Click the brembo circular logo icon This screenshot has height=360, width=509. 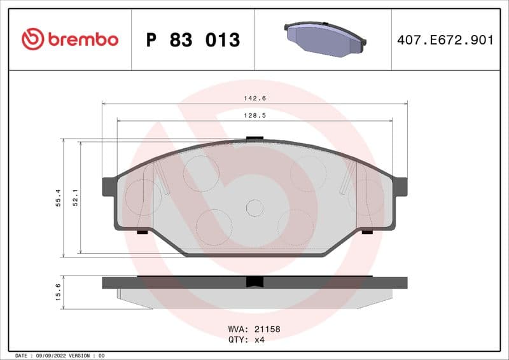click(32, 39)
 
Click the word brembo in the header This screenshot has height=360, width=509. click(83, 39)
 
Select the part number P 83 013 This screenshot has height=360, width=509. click(193, 40)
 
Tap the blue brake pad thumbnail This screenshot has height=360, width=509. click(324, 39)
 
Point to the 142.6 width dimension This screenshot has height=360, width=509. click(254, 98)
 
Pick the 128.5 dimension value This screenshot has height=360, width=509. click(254, 115)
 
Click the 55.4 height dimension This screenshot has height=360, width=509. click(58, 198)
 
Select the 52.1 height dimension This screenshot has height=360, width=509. click(75, 198)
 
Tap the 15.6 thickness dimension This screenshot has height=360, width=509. click(58, 293)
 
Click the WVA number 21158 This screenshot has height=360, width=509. click(267, 330)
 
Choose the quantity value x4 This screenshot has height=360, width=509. click(259, 340)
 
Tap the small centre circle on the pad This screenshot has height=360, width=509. click(254, 207)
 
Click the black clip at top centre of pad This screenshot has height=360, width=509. click(254, 137)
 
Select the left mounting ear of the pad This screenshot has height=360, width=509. click(109, 186)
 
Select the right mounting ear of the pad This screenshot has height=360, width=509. click(400, 186)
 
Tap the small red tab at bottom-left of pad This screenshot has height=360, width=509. click(142, 232)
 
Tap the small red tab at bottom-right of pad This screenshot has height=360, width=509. click(367, 232)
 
